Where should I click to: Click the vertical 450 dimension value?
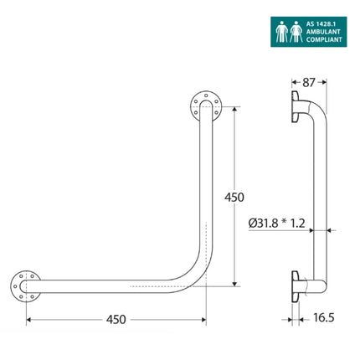coord(234,198)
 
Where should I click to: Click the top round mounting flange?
coord(204,105)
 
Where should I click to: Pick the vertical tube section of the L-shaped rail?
coord(204,184)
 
